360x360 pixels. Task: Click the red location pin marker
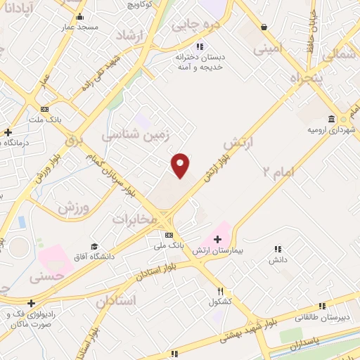(181, 165)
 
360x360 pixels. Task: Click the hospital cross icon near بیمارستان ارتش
(217, 240)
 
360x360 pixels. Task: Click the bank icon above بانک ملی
(169, 235)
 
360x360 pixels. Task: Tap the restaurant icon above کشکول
(220, 291)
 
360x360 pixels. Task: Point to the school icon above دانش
(278, 249)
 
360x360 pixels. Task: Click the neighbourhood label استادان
(115, 300)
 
